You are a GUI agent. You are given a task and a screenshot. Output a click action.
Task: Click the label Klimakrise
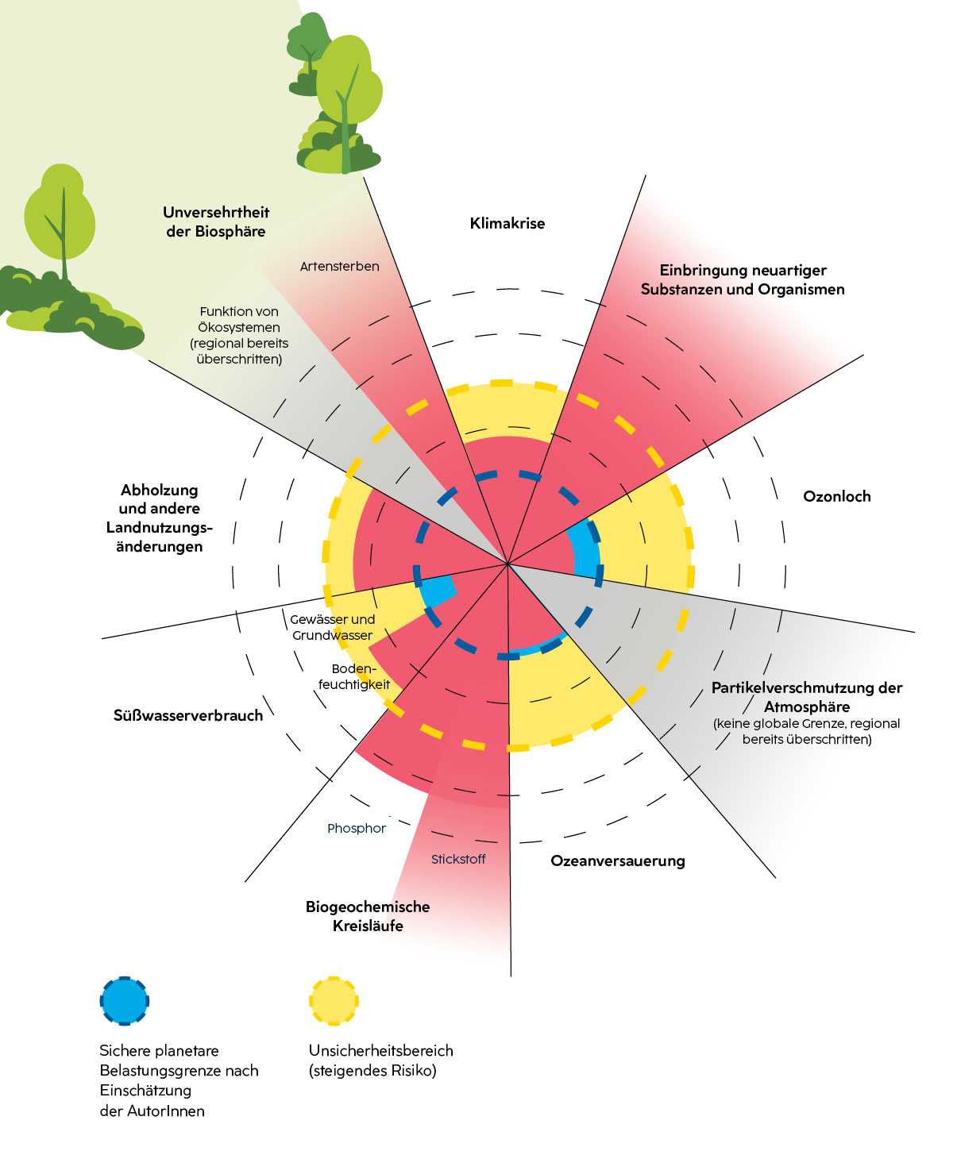pyautogui.click(x=507, y=223)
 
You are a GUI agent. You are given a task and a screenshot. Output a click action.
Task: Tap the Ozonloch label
pyautogui.click(x=836, y=496)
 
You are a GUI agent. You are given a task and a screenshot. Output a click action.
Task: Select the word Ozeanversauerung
pyautogui.click(x=617, y=860)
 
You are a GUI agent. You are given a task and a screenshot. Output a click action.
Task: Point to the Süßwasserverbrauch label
pyautogui.click(x=187, y=715)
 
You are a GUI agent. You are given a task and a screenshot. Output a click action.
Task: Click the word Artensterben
pyautogui.click(x=339, y=266)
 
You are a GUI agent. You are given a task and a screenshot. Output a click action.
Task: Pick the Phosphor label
pyautogui.click(x=356, y=828)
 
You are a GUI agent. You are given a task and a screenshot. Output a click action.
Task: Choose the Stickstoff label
pyautogui.click(x=458, y=859)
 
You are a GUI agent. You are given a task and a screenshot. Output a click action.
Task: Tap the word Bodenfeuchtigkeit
pyautogui.click(x=354, y=676)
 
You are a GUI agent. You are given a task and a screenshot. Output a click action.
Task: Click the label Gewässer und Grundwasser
pyautogui.click(x=332, y=627)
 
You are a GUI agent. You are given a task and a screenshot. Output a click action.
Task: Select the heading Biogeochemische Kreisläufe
pyautogui.click(x=368, y=916)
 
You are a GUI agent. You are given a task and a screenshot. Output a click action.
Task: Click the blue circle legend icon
pyautogui.click(x=125, y=1001)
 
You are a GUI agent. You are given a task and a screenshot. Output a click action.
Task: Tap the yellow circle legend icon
pyautogui.click(x=334, y=1001)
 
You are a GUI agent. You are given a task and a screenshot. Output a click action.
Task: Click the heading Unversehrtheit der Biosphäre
pyautogui.click(x=216, y=221)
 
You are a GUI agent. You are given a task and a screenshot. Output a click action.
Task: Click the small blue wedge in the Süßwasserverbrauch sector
pyautogui.click(x=438, y=591)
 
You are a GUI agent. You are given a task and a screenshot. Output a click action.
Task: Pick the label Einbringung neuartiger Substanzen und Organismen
pyautogui.click(x=742, y=279)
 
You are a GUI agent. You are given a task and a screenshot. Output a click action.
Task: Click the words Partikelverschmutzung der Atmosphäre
pyautogui.click(x=806, y=697)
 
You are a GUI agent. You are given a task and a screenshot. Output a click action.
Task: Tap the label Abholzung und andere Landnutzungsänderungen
pyautogui.click(x=159, y=518)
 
